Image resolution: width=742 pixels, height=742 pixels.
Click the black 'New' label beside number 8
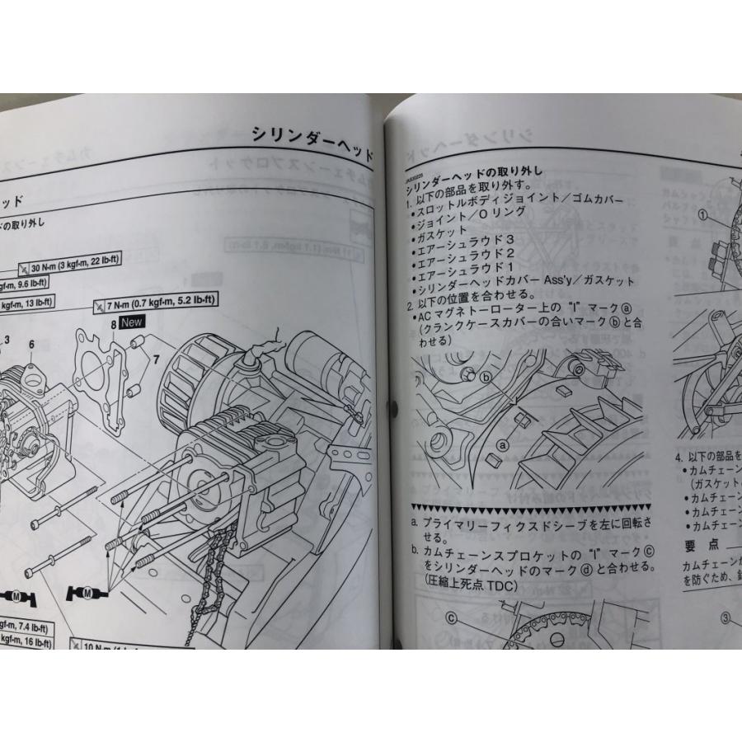pyautogui.click(x=133, y=324)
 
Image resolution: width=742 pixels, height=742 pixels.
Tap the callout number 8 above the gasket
pyautogui.click(x=113, y=325)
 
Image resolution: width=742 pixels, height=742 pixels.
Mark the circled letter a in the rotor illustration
pyautogui.click(x=500, y=443)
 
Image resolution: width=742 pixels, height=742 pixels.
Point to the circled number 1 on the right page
pyautogui.click(x=702, y=217)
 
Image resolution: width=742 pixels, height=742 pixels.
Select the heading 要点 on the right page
pyautogui.click(x=702, y=546)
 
